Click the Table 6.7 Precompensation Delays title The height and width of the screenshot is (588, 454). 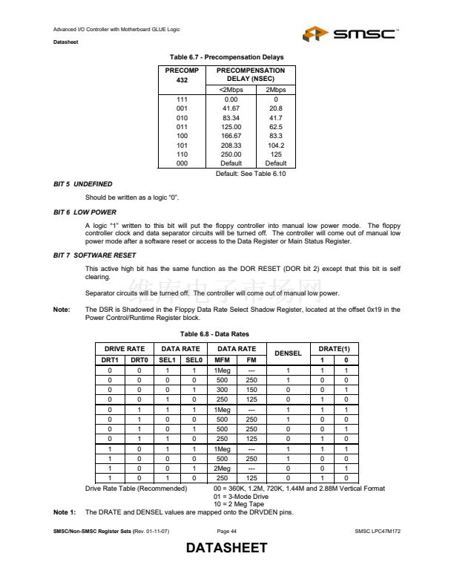pos(226,57)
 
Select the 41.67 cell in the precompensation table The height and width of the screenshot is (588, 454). pos(231,108)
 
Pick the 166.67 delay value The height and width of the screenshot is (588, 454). pos(231,135)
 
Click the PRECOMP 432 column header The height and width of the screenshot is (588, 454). pos(182,75)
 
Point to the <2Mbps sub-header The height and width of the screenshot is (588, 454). pos(231,89)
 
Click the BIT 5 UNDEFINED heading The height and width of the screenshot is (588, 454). pos(83,183)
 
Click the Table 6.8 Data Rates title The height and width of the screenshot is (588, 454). pos(226,333)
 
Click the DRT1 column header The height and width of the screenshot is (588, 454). pos(110,359)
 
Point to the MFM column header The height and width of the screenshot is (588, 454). pos(221,359)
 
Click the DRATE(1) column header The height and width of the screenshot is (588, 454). pos(334,348)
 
